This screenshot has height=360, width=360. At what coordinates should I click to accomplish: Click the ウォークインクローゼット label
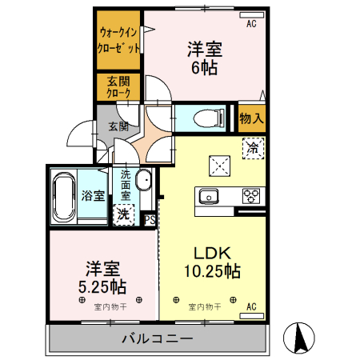[x=119, y=40]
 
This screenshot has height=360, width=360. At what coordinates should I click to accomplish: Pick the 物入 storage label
[x=252, y=118]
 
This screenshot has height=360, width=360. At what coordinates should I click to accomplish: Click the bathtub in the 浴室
[x=65, y=196]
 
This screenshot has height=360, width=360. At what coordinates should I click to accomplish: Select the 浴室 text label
[x=92, y=195]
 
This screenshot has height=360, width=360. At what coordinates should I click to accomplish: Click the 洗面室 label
[x=126, y=185]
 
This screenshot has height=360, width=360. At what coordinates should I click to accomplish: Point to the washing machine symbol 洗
[x=124, y=214]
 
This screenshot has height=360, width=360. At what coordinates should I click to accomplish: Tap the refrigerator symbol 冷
[x=253, y=146]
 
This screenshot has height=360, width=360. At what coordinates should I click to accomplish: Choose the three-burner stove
[x=251, y=195]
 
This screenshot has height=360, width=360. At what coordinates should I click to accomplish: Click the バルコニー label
[x=157, y=338]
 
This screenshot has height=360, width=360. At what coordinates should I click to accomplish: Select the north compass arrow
[x=299, y=338]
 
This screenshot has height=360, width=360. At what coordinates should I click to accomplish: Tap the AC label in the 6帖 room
[x=251, y=24]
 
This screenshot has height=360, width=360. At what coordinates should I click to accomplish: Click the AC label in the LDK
[x=251, y=306]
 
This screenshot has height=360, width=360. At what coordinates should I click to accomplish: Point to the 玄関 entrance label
[x=118, y=126]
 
